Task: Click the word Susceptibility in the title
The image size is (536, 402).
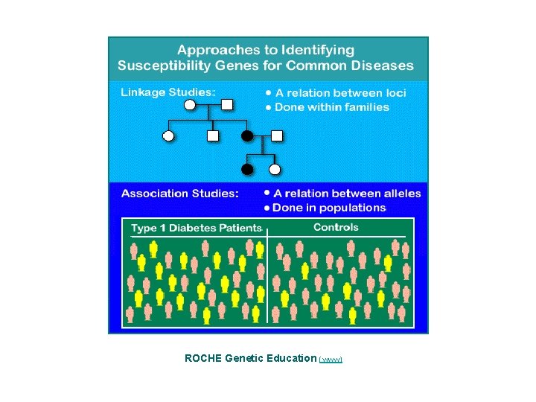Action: (159, 66)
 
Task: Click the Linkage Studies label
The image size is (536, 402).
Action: (169, 92)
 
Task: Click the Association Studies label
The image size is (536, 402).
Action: (179, 194)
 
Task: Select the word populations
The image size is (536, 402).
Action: (350, 208)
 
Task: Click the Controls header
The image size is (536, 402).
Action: (335, 227)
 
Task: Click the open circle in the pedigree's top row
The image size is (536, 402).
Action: (190, 105)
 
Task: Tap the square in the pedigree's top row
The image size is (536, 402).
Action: (228, 105)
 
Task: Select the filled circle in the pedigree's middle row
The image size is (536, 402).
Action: (247, 136)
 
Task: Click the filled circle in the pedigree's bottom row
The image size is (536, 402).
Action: (247, 169)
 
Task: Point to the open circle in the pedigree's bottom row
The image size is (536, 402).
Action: (275, 169)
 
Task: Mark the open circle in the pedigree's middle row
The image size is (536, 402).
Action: (168, 136)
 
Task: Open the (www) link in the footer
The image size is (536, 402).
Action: (331, 359)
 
